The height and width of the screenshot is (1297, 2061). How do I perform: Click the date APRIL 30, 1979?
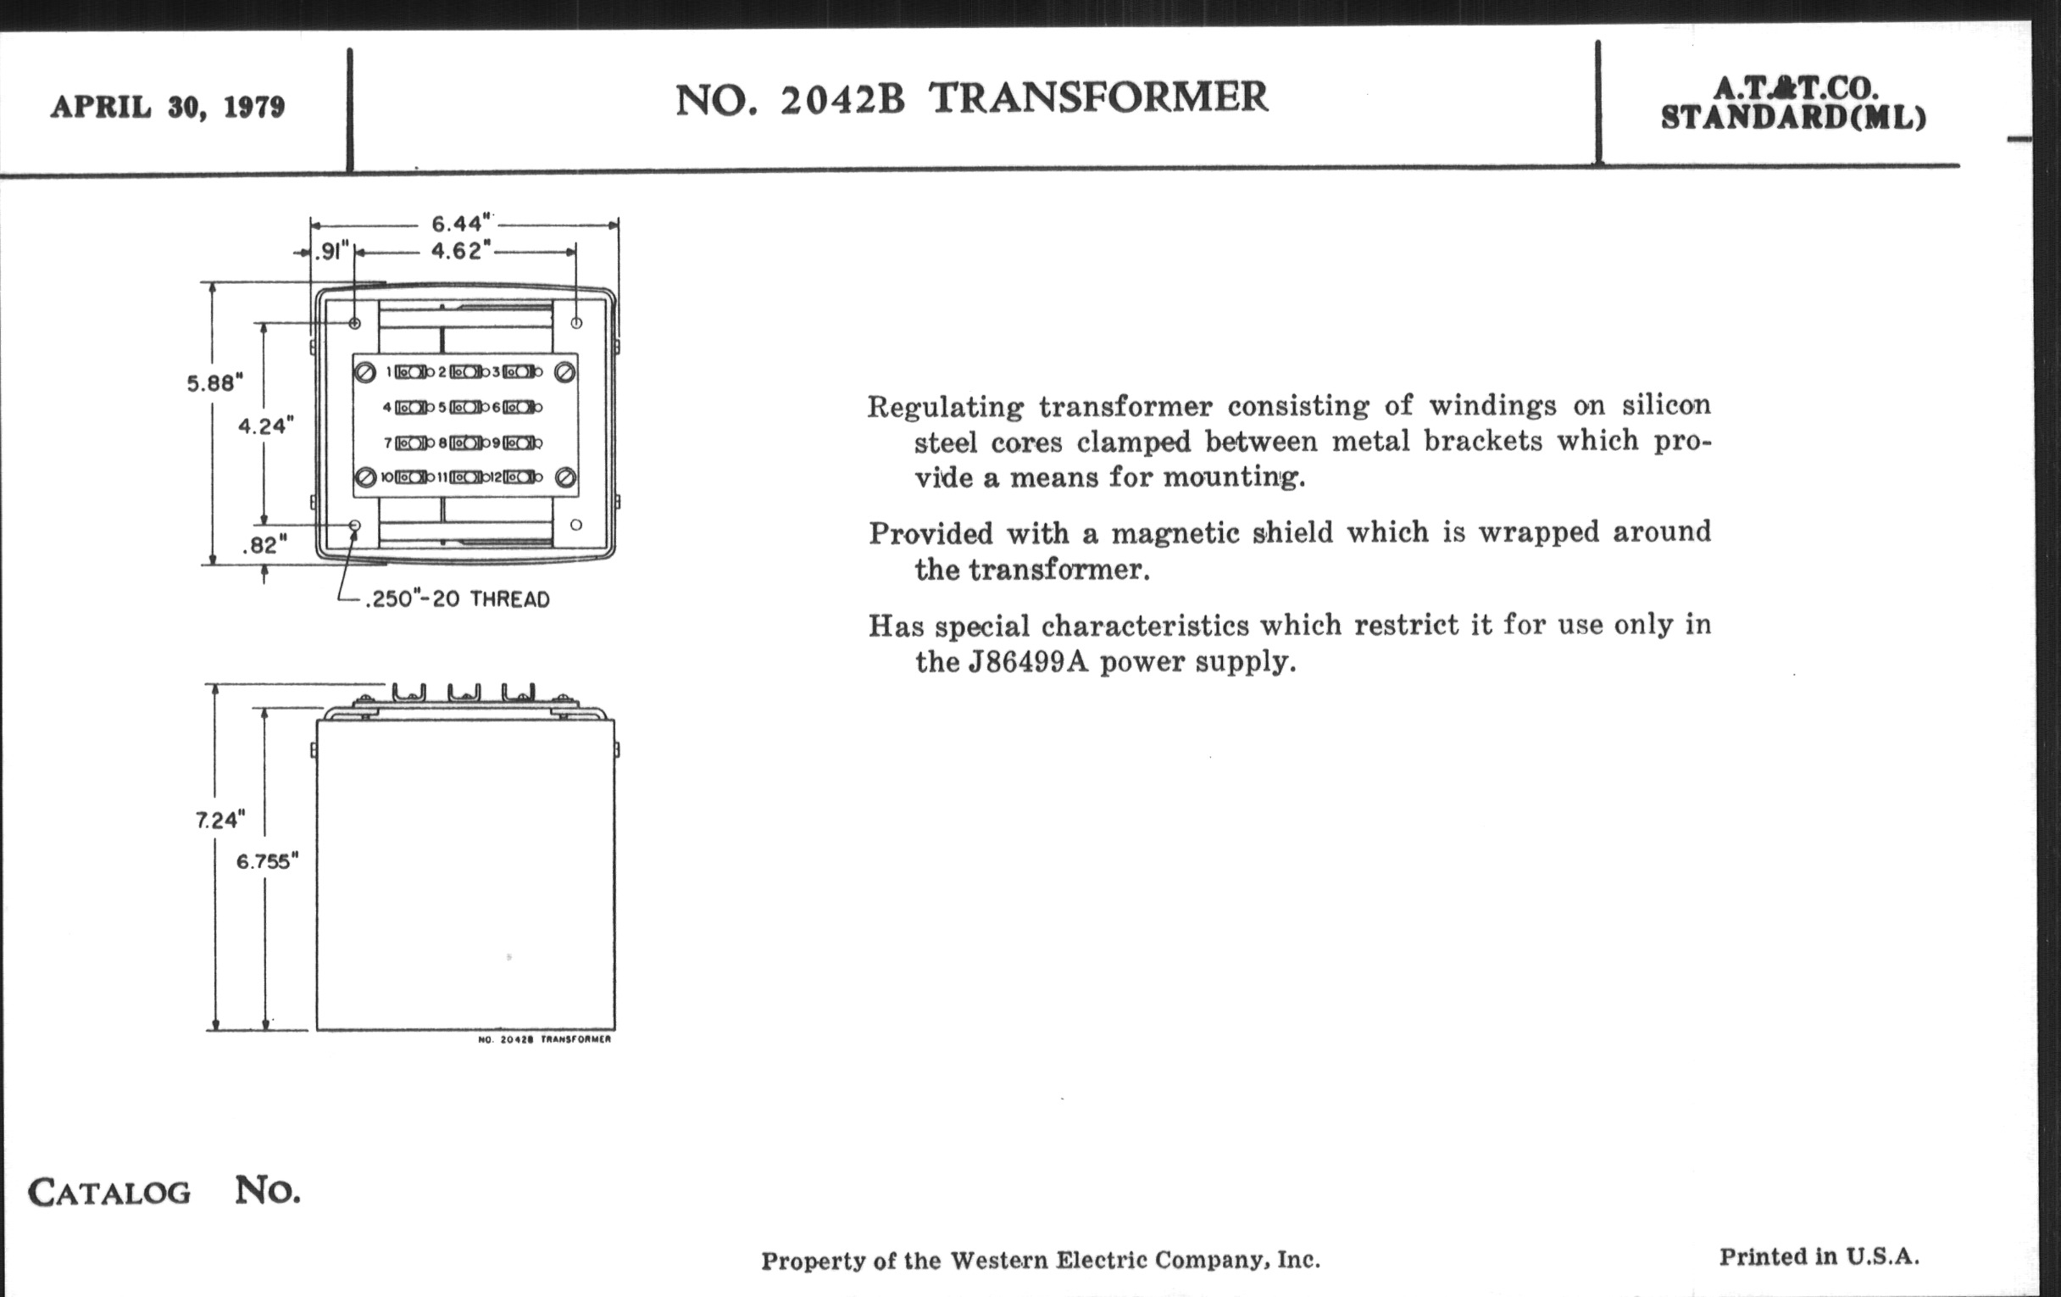pyautogui.click(x=168, y=107)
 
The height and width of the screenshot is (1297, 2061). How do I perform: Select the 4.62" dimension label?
pyautogui.click(x=460, y=251)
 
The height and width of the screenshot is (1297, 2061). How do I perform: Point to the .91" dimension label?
pyautogui.click(x=332, y=252)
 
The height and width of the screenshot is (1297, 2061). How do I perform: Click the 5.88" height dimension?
pyautogui.click(x=215, y=382)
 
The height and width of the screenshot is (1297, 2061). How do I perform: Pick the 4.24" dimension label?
pyautogui.click(x=265, y=426)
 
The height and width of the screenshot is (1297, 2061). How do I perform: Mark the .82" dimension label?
pyautogui.click(x=264, y=545)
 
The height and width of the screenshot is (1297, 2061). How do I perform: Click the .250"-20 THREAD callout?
pyautogui.click(x=457, y=599)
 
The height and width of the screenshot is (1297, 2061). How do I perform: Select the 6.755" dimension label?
pyautogui.click(x=267, y=861)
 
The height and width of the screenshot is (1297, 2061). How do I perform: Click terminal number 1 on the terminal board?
pyautogui.click(x=389, y=372)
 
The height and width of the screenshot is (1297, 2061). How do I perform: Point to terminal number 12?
pyautogui.click(x=497, y=478)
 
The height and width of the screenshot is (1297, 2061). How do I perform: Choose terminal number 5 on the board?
pyautogui.click(x=442, y=408)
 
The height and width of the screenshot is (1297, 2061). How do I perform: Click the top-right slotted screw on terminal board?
pyautogui.click(x=564, y=372)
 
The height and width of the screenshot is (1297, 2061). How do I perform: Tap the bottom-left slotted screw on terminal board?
pyautogui.click(x=365, y=477)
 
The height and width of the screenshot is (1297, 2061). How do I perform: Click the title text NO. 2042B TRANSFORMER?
pyautogui.click(x=971, y=98)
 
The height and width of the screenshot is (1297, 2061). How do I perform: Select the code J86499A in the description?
pyautogui.click(x=1028, y=662)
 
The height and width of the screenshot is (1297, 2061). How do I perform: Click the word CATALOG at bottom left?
pyautogui.click(x=109, y=1193)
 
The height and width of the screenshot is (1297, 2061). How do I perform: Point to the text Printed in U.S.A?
pyautogui.click(x=1819, y=1257)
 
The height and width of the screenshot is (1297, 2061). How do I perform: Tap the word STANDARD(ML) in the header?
pyautogui.click(x=1794, y=118)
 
